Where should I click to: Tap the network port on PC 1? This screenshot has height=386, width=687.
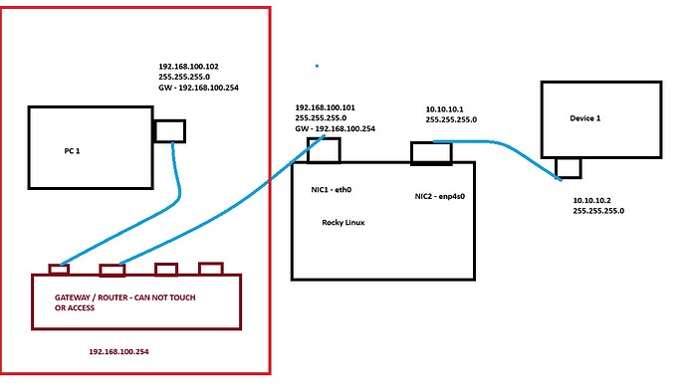point(169,130)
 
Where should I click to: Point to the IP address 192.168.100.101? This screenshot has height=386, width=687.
point(328,107)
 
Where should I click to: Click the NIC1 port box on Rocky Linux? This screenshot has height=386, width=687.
point(324,149)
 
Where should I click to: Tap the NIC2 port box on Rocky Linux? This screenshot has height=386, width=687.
point(431,152)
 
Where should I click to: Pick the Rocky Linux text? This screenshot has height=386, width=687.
point(343,223)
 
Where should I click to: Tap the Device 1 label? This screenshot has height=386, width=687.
point(585,118)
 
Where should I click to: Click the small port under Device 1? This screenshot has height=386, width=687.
point(568,167)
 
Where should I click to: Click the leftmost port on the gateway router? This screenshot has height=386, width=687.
point(59,269)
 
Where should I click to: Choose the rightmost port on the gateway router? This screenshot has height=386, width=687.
point(210,268)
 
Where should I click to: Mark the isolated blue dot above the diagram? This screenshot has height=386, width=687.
point(317,67)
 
